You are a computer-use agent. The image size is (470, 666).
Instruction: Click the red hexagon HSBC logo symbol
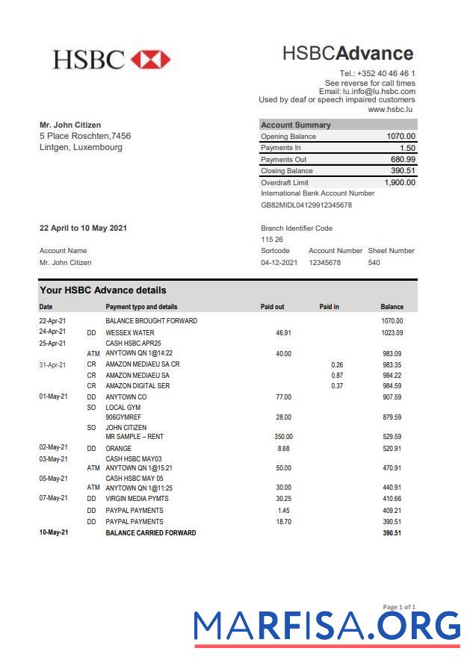(150, 60)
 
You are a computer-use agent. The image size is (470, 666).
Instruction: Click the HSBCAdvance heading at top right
(347, 53)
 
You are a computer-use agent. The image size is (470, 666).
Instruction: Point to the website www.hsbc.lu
(392, 109)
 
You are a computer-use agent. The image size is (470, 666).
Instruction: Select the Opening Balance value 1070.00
(401, 137)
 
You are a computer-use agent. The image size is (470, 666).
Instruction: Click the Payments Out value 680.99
(403, 160)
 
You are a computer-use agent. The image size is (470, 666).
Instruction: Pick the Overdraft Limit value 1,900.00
(400, 182)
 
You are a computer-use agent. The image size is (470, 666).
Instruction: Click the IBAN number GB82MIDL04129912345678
(306, 205)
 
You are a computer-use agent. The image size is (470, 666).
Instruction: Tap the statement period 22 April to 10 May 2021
(83, 228)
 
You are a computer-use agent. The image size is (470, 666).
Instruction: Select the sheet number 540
(374, 263)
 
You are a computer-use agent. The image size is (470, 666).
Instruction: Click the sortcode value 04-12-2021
(279, 263)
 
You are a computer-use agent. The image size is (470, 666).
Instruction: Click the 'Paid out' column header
(272, 307)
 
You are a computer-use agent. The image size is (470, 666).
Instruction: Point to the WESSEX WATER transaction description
(130, 333)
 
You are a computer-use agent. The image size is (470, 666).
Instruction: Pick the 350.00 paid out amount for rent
(283, 437)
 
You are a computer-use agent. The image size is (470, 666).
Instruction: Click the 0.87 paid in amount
(337, 376)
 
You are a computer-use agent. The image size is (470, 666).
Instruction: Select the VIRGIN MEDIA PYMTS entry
(137, 499)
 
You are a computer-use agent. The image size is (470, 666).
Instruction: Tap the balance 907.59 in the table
(392, 397)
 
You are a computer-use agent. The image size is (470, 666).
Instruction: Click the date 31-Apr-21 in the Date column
(52, 365)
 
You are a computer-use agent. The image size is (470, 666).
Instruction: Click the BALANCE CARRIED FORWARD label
(151, 533)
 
